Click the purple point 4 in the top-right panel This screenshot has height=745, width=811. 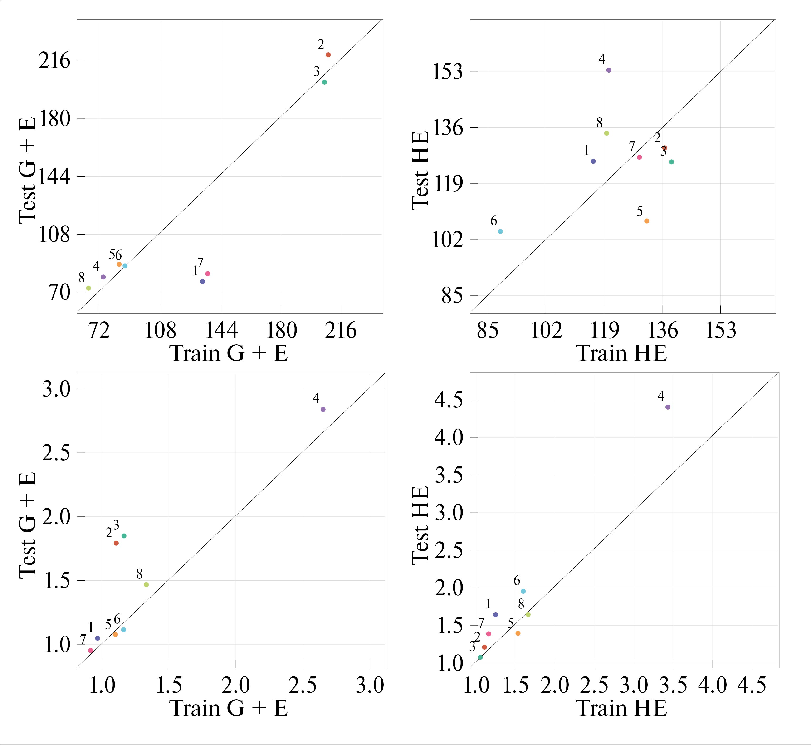point(609,70)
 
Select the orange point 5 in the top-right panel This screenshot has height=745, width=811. point(647,221)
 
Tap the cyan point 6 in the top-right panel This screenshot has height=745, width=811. point(500,231)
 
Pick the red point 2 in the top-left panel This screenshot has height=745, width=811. point(328,55)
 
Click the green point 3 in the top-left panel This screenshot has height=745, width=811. point(324,82)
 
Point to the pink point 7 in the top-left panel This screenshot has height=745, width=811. point(208,274)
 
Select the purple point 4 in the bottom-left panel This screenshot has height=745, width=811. point(323,409)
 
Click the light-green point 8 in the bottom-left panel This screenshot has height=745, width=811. point(146,584)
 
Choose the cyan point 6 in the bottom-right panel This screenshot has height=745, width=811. point(523,591)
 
